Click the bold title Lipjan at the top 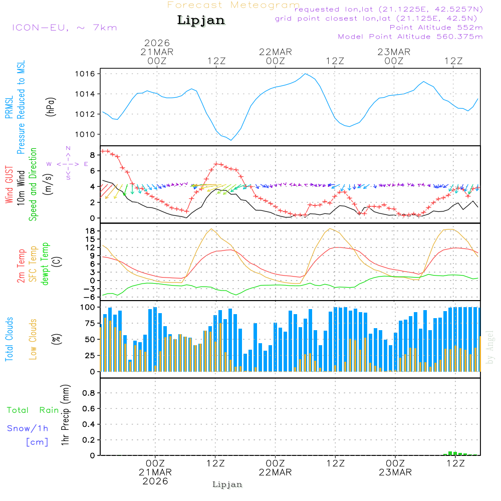coord(201,21)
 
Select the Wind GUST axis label coord(10,185)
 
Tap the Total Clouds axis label coord(10,339)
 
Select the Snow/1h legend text coord(28,428)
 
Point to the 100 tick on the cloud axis coord(88,307)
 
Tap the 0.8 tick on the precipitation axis coord(89,393)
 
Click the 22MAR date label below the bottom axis coord(275,472)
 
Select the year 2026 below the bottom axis coord(155,481)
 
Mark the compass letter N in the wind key coord(68,148)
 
